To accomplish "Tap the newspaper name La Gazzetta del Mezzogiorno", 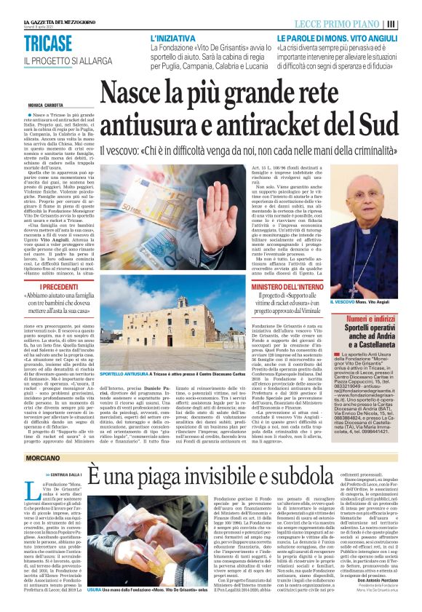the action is click(39, 7).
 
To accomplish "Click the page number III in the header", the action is click(411, 23).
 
